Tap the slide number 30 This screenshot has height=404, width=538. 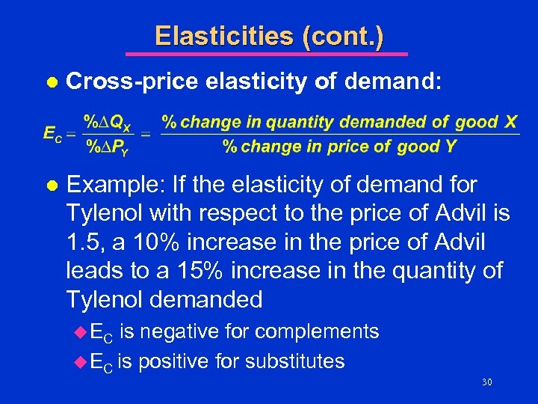[x=487, y=382]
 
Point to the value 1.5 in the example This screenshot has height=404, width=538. [x=81, y=242]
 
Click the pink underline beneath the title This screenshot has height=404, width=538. [x=266, y=54]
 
